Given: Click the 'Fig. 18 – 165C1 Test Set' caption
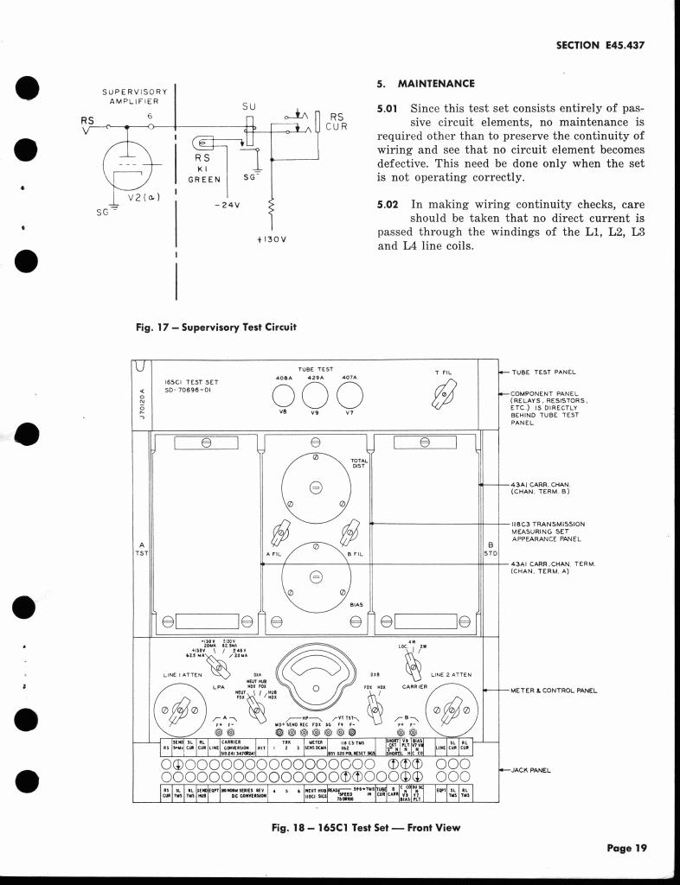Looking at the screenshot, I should [366, 827].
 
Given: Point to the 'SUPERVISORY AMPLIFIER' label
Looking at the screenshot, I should [134, 96].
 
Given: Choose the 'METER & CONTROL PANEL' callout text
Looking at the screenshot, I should [554, 691].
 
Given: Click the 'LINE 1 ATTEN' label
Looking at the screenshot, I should [182, 674].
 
